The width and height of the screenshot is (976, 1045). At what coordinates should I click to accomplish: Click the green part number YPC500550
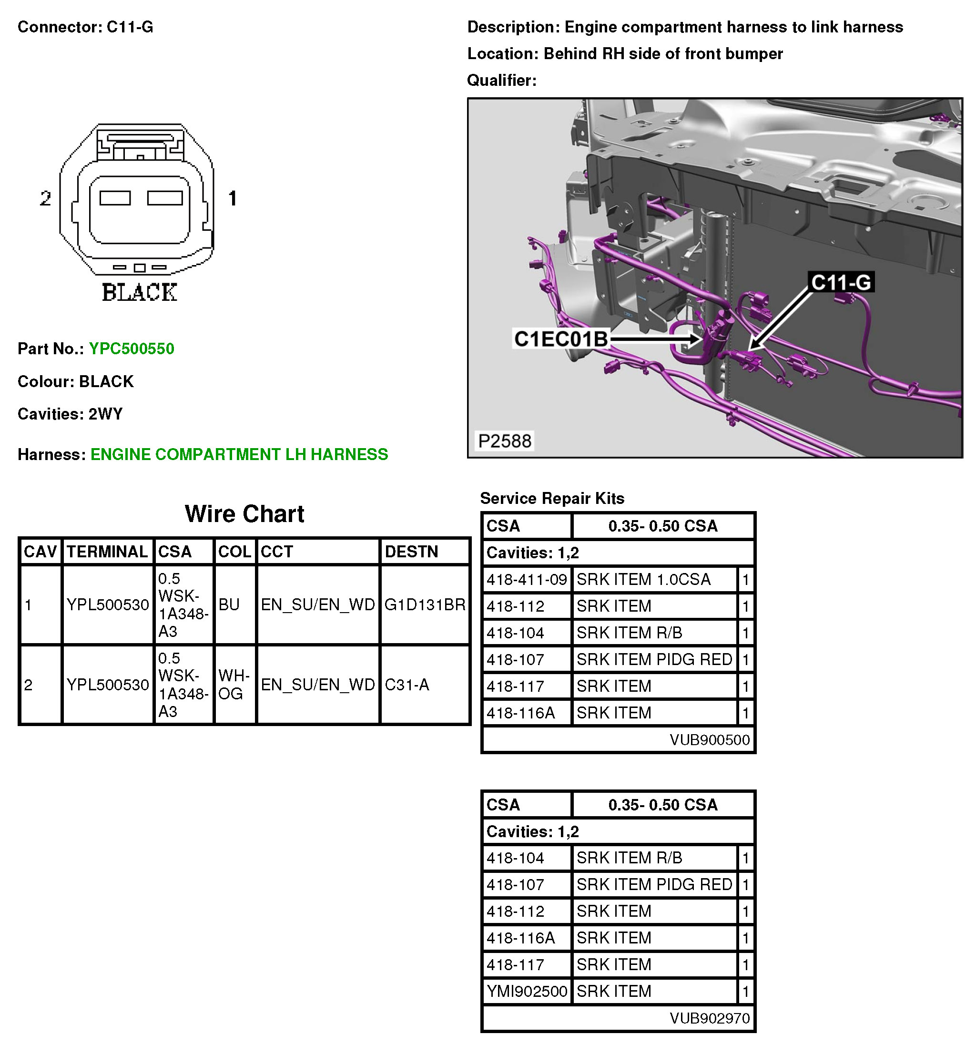pyautogui.click(x=131, y=348)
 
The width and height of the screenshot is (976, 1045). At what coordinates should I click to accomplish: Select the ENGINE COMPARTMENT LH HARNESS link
pyautogui.click(x=239, y=454)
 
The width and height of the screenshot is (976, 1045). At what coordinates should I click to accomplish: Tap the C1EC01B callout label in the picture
pyautogui.click(x=560, y=339)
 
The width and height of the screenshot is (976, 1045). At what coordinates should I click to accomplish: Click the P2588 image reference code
pyautogui.click(x=504, y=441)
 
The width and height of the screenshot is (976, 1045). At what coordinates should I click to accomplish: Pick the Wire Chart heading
pyautogui.click(x=244, y=513)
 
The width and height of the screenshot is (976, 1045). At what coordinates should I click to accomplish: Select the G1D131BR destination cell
pyautogui.click(x=424, y=604)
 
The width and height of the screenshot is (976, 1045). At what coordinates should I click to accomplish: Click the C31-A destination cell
pyautogui.click(x=407, y=685)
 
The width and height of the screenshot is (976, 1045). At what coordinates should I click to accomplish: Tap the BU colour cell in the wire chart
pyautogui.click(x=229, y=604)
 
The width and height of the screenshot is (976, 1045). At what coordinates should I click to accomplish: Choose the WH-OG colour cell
pyautogui.click(x=234, y=685)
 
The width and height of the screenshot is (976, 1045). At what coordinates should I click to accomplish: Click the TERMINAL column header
pyautogui.click(x=107, y=552)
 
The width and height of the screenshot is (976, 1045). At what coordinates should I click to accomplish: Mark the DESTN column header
pyautogui.click(x=411, y=552)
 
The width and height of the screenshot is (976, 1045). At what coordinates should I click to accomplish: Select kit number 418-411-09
pyautogui.click(x=526, y=580)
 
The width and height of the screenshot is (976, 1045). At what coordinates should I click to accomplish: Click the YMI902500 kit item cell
pyautogui.click(x=526, y=991)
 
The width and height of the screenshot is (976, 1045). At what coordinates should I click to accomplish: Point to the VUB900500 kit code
pyautogui.click(x=709, y=739)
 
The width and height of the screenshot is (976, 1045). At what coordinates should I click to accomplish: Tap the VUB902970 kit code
pyautogui.click(x=709, y=1018)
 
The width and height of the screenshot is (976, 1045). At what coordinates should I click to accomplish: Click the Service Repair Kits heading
pyautogui.click(x=552, y=498)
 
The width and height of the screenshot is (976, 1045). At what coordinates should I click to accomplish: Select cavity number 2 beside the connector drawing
pyautogui.click(x=45, y=198)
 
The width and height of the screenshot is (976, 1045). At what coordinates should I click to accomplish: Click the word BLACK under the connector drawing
pyautogui.click(x=139, y=292)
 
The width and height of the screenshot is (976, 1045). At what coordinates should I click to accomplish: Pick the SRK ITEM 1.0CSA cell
pyautogui.click(x=643, y=580)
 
